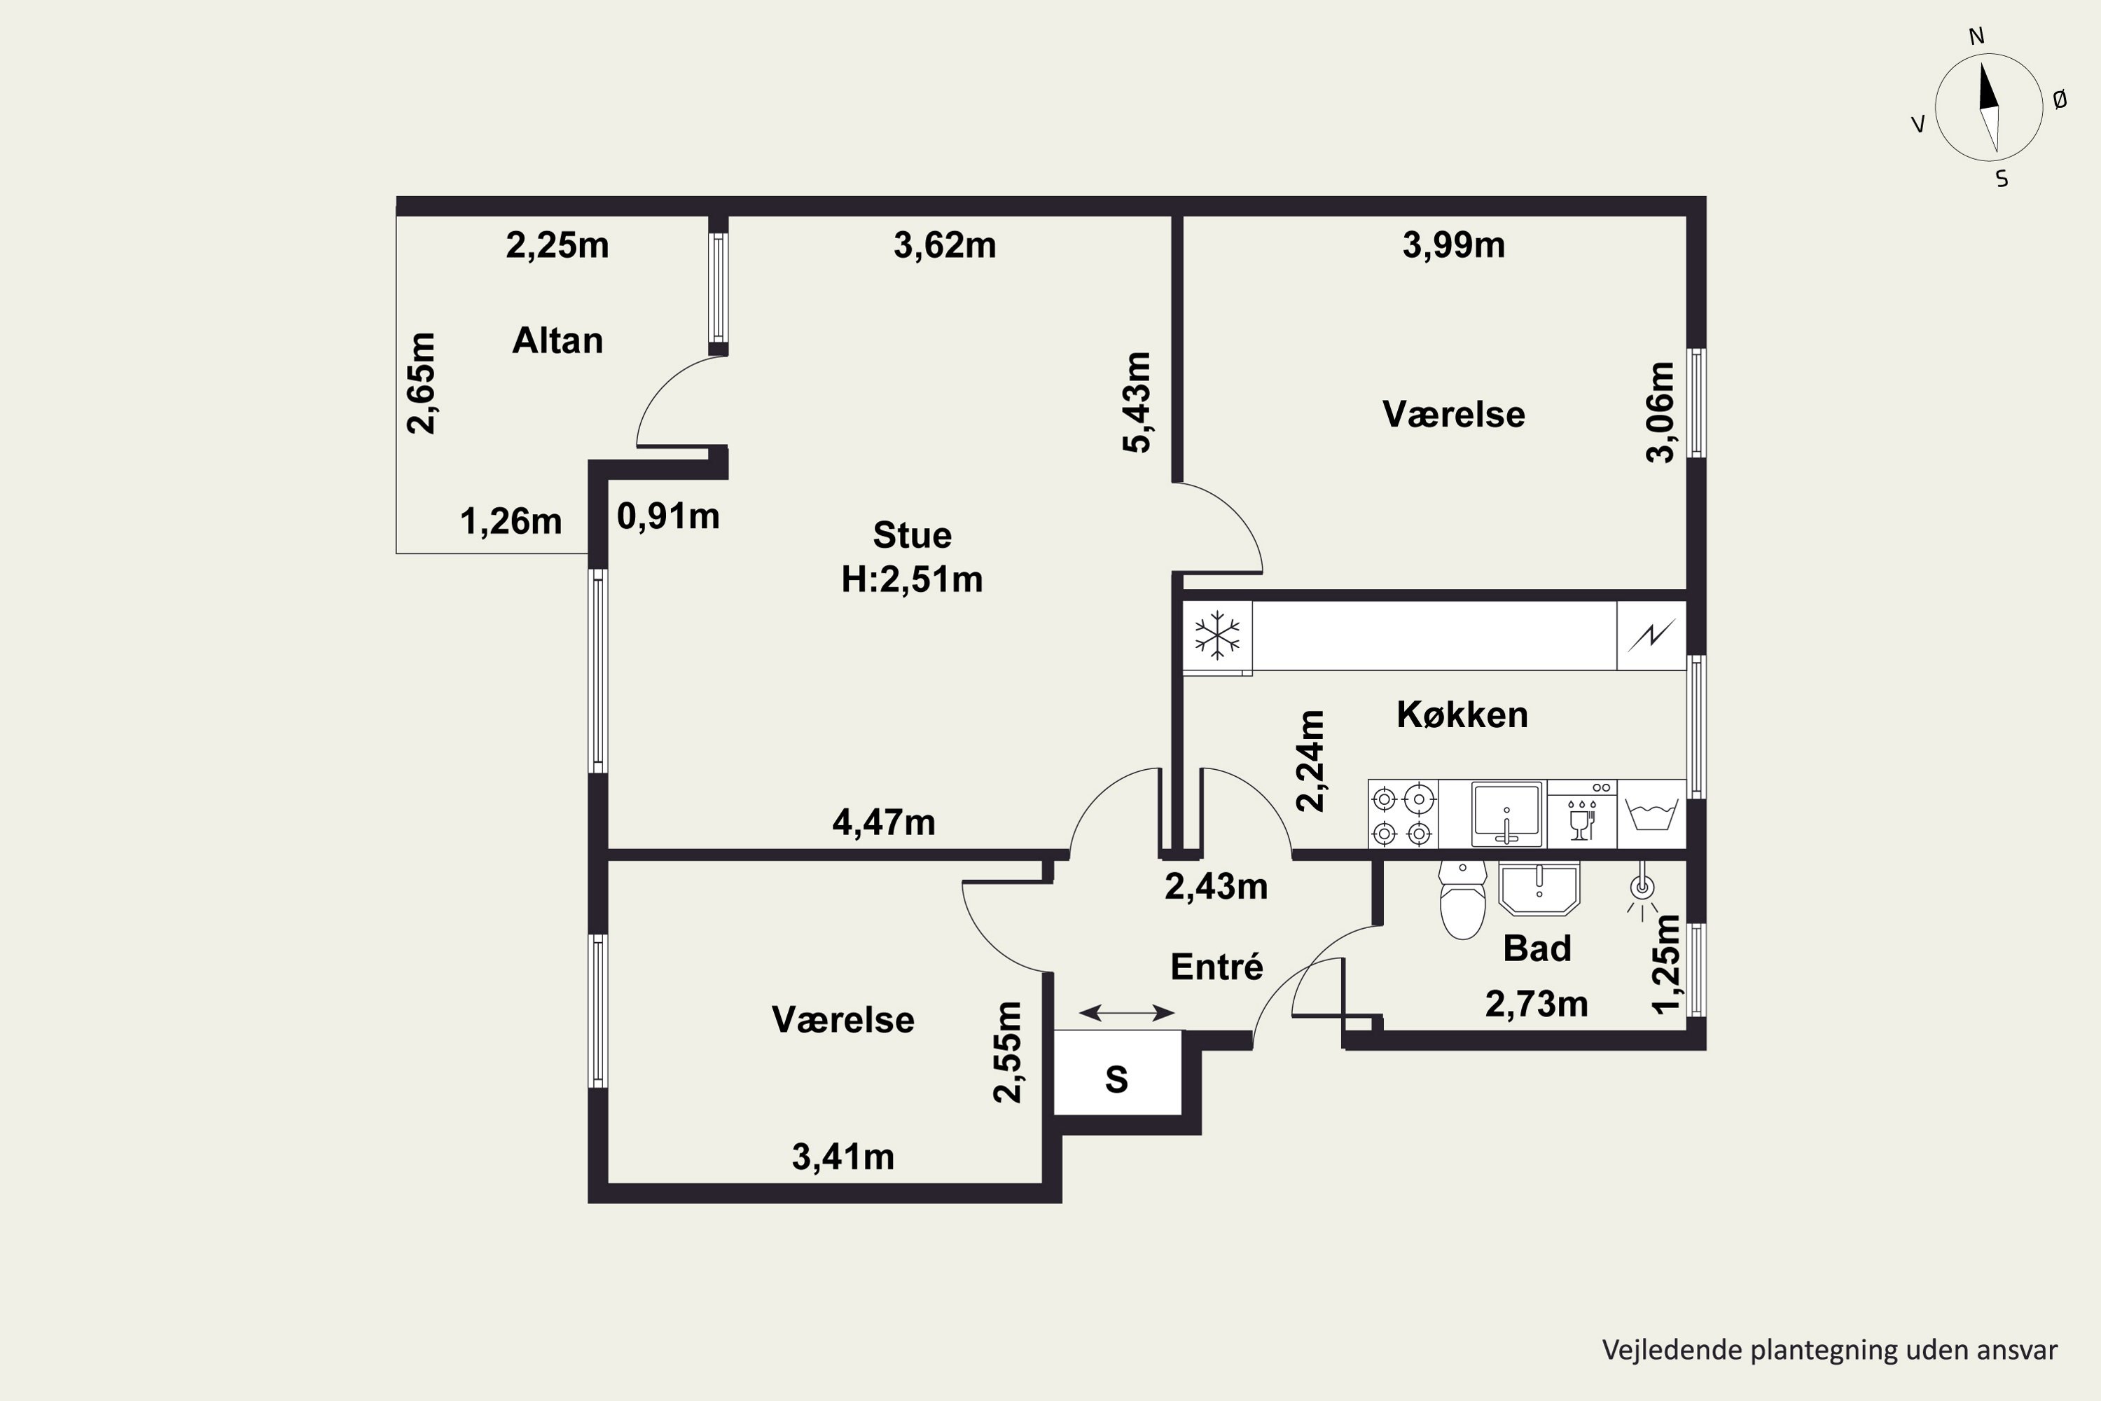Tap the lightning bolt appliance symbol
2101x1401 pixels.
[x=1651, y=635]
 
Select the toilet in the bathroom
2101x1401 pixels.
[x=1463, y=899]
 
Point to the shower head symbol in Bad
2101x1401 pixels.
[x=1642, y=889]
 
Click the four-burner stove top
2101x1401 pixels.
[x=1403, y=814]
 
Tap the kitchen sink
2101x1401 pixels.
[x=1507, y=813]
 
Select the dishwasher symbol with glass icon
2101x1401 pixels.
[x=1581, y=813]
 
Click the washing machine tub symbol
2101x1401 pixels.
[x=1651, y=814]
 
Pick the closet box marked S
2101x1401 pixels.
[x=1118, y=1072]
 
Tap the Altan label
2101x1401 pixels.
[x=557, y=340]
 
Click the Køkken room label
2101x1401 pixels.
[x=1462, y=714]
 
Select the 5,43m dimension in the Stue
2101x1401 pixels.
[x=1137, y=403]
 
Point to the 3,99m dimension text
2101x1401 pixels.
[x=1453, y=244]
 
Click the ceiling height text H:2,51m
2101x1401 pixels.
[x=912, y=580]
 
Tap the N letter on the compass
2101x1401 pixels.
[x=1977, y=36]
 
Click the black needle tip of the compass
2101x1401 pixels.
[x=1984, y=64]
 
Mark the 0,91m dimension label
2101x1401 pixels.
[x=668, y=516]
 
